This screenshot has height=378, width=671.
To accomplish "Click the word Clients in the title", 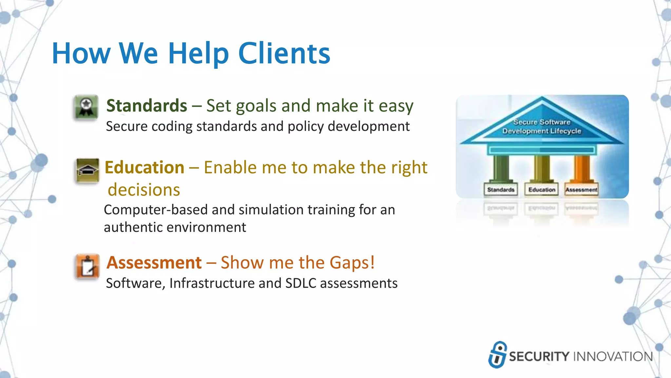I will [x=284, y=53].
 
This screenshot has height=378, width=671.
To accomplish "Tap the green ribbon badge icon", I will [x=86, y=107].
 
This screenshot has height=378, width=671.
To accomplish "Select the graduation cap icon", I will [x=87, y=170].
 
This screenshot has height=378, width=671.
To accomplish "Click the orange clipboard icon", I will [x=87, y=266].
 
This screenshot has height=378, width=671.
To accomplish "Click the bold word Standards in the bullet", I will [x=146, y=106].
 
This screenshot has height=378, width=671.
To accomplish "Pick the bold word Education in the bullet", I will [x=144, y=168].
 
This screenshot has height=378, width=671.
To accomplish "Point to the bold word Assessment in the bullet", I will [x=154, y=263].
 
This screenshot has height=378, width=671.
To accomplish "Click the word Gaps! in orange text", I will [x=352, y=263].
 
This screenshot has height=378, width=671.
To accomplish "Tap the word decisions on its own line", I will [x=144, y=190].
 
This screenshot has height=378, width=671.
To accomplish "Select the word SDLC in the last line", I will [x=300, y=283].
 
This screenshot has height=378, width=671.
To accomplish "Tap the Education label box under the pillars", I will [x=542, y=190].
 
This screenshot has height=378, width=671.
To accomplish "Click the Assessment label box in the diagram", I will [x=582, y=190].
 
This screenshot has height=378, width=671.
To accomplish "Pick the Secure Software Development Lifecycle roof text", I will [x=542, y=127].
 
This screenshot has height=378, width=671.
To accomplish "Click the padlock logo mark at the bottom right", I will [x=497, y=355].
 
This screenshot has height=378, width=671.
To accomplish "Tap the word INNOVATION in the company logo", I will [x=613, y=357].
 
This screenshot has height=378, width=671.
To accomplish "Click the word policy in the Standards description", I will [x=305, y=127].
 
